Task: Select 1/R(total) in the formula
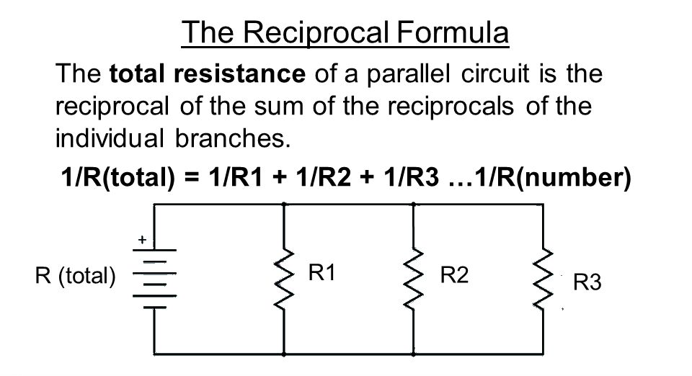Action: pos(113,177)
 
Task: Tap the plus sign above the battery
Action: pos(142,239)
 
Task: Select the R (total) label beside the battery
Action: pos(75,275)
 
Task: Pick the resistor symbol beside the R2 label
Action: pos(413,279)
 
